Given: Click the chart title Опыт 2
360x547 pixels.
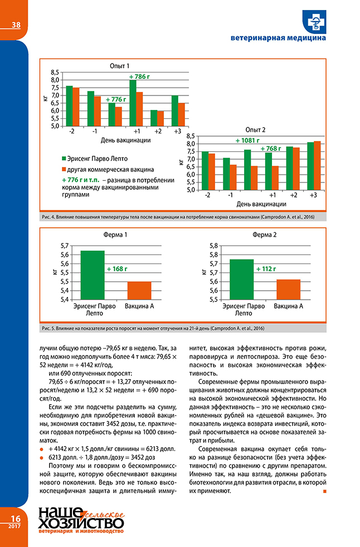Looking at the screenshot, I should (255, 129).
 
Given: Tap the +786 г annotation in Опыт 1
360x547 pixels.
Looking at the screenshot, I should (139, 76).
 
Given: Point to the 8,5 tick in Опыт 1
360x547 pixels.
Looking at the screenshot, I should (54, 73).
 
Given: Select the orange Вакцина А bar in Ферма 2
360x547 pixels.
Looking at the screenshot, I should (289, 289).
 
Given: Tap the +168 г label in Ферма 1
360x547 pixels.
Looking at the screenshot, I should (117, 269).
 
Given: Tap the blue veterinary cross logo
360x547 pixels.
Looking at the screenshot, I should (315, 21).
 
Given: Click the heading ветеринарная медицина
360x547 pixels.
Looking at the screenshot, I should (278, 39).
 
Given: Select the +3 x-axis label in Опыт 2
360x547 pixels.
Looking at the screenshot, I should (313, 195).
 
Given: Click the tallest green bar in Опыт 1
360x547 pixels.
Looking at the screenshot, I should (133, 103).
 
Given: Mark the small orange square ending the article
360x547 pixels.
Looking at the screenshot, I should (324, 491).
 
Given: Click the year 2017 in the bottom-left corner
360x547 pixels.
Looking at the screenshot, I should (14, 527).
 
